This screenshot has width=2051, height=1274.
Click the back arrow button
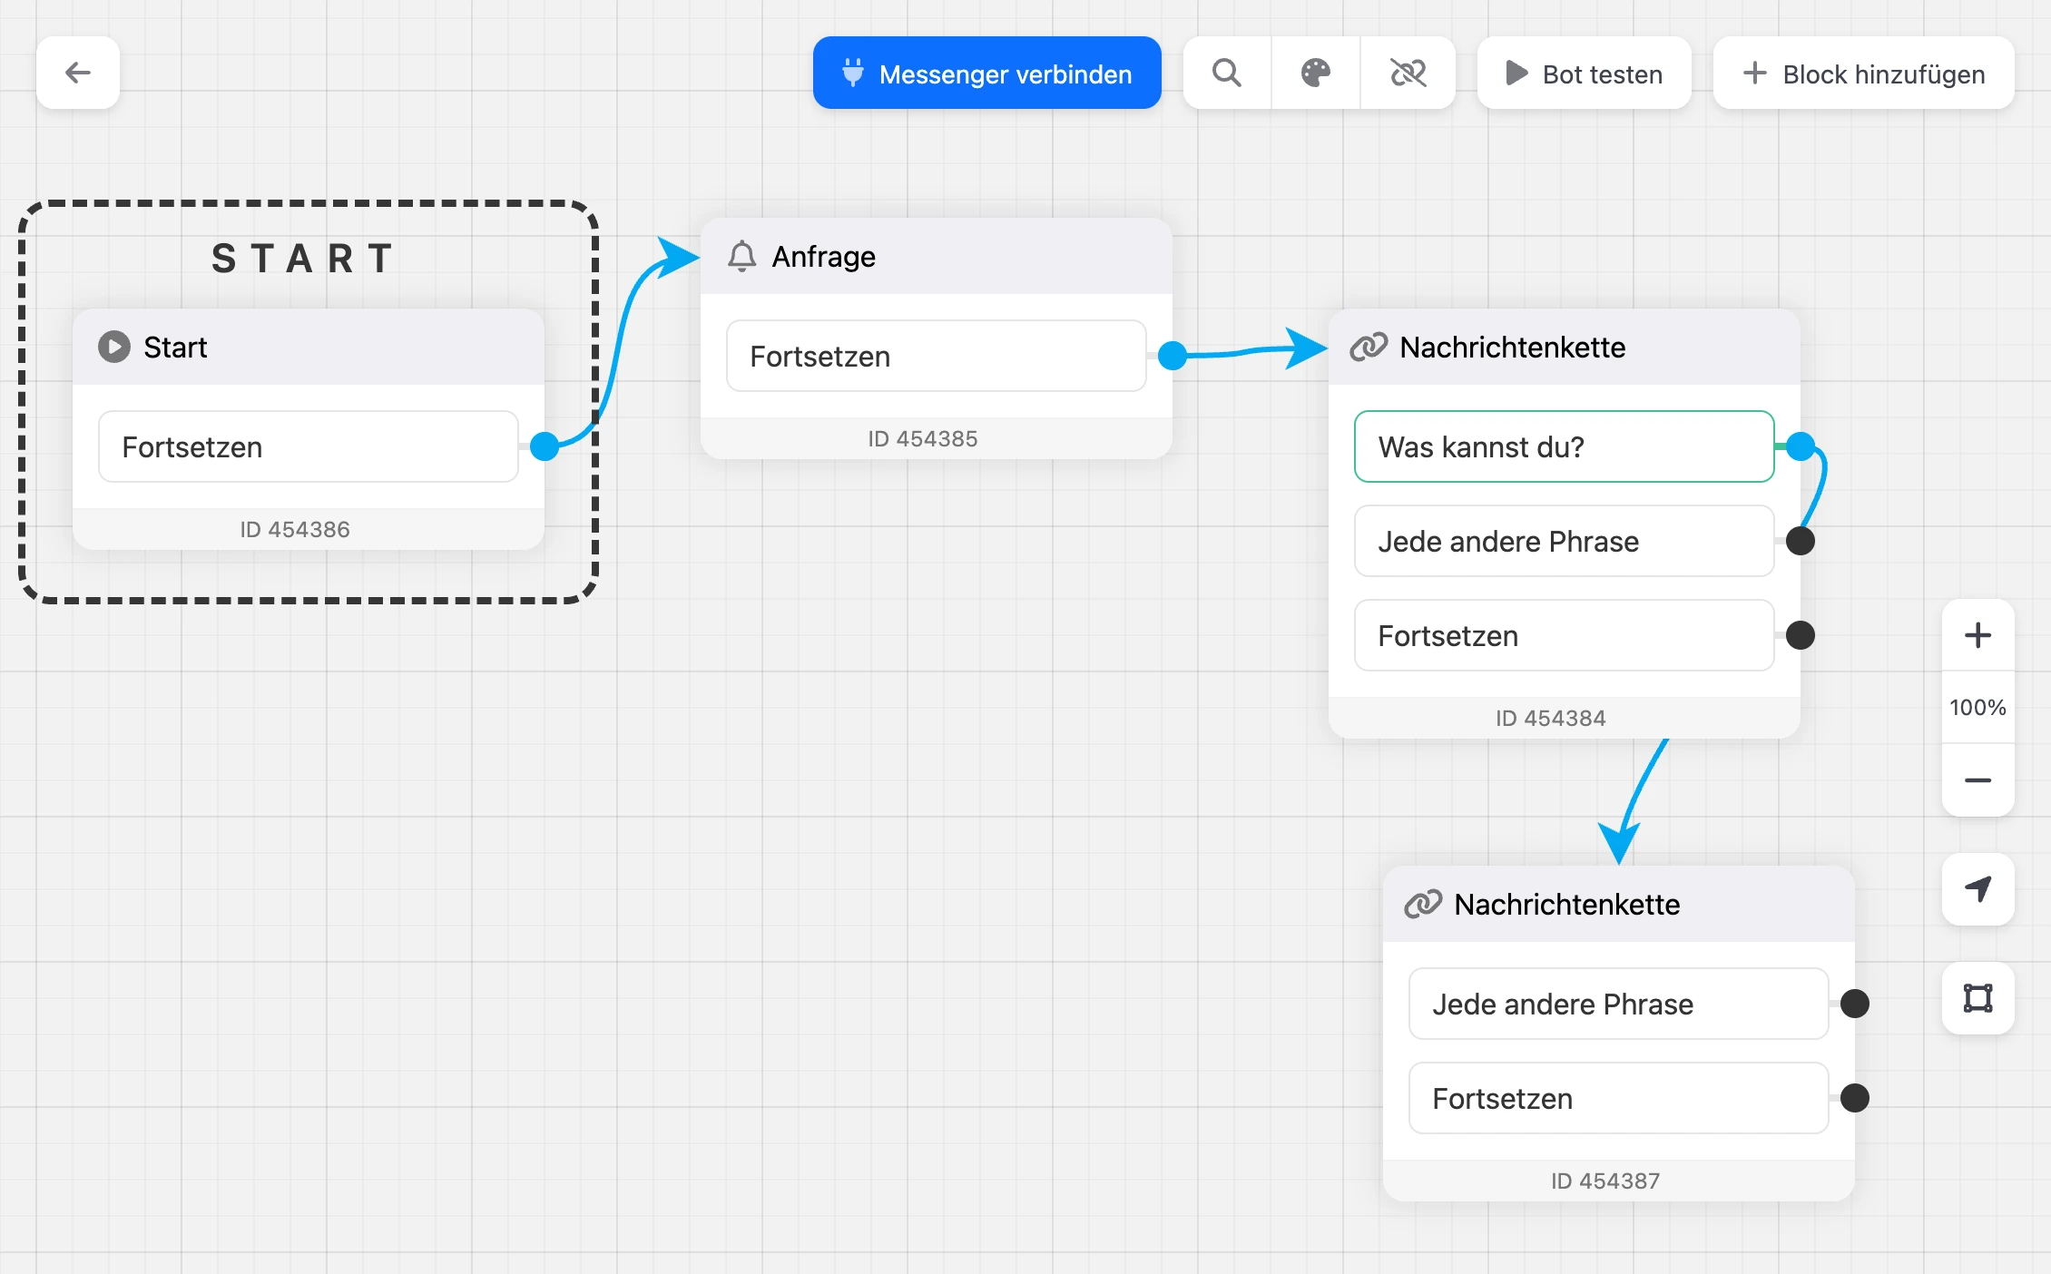pos(78,73)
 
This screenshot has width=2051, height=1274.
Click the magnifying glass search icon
pos(1227,73)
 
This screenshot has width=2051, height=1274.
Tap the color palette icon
pos(1316,73)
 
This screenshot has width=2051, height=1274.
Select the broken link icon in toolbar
pos(1408,73)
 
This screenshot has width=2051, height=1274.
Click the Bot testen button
pos(1585,73)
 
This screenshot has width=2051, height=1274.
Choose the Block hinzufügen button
pos(1864,73)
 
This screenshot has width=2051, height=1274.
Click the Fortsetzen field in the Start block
pos(309,446)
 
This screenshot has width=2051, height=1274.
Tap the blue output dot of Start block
pos(545,446)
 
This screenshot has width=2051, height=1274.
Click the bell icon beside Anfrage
pos(741,257)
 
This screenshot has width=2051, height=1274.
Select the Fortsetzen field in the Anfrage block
pos(937,356)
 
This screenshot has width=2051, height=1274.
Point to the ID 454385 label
pos(923,439)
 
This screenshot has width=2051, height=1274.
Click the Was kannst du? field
pos(1565,446)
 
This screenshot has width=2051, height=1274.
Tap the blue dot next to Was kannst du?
pos(1801,446)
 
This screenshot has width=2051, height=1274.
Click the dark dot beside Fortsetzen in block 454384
pos(1801,635)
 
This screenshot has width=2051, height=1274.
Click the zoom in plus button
pos(1978,635)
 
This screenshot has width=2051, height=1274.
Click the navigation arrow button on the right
pos(1978,889)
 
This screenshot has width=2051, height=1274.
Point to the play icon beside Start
pos(114,347)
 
